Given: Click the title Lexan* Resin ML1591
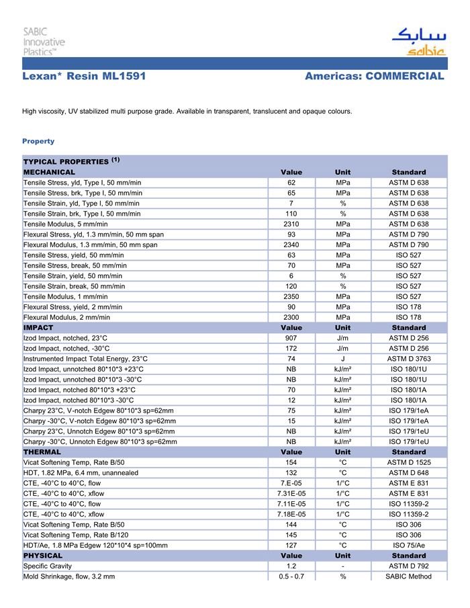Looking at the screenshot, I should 84,77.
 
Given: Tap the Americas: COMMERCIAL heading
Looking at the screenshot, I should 374,77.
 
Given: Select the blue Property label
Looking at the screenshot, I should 38,141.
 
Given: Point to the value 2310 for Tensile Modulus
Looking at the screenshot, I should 291,224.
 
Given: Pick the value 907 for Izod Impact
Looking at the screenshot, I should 291,338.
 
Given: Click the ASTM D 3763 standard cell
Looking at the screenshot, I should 409,359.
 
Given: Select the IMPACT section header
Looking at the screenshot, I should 38,327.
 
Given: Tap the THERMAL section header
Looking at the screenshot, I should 42,452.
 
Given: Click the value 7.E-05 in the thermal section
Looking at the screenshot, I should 291,483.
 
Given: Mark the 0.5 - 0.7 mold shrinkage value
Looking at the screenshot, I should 291,576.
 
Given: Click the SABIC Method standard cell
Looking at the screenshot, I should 409,576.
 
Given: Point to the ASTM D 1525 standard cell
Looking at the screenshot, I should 409,462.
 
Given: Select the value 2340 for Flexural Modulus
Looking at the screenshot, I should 291,245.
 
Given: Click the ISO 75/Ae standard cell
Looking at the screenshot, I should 409,546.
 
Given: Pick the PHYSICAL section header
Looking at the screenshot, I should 43,556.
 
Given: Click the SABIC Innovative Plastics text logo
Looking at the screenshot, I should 44,42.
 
